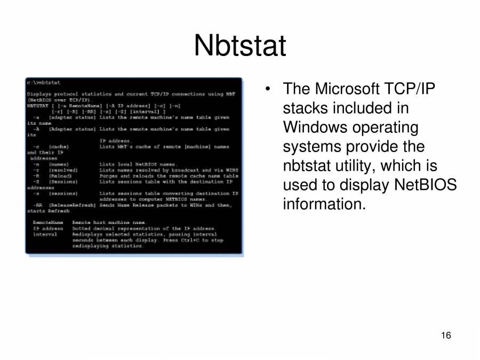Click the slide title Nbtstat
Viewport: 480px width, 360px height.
coord(240,45)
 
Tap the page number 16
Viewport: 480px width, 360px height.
coord(446,335)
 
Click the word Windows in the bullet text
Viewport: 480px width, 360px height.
coord(315,127)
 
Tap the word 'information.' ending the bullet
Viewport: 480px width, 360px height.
coord(324,204)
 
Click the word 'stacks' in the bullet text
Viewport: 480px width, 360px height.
coord(305,108)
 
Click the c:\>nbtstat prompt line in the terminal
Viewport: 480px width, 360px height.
coord(43,83)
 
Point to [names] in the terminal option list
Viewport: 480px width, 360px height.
coord(59,164)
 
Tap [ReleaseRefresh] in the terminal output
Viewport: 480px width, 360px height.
coord(73,205)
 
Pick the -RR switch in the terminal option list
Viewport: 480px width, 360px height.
coord(37,205)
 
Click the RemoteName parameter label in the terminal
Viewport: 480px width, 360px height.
coord(48,222)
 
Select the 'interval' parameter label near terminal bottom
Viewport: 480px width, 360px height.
coord(45,234)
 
